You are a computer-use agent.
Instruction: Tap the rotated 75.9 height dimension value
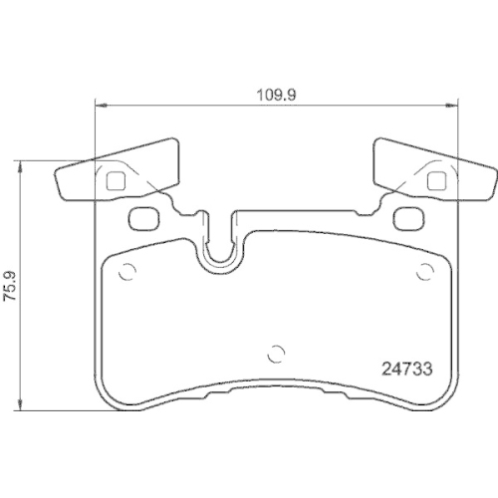point(11,283)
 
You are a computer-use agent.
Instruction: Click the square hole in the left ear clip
point(115,181)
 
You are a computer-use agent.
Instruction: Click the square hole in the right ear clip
point(434,181)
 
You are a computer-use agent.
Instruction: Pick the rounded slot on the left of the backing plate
point(144,218)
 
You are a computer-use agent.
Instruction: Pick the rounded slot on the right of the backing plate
point(404,218)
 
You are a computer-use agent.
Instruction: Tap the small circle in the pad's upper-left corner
point(125,272)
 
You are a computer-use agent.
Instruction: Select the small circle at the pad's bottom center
point(279,352)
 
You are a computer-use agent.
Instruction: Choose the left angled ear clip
point(115,171)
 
